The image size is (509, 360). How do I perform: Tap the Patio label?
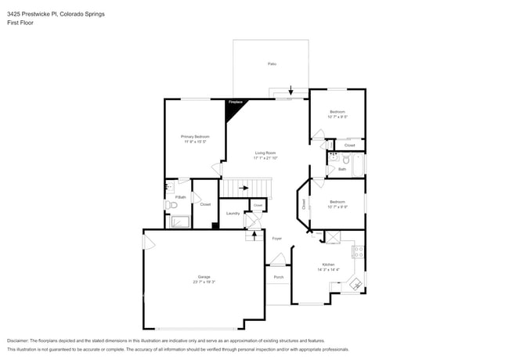272,63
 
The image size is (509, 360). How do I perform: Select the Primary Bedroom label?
196,137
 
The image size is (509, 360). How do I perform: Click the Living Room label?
265,153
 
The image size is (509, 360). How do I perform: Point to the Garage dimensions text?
204,282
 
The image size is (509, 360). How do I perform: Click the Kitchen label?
328,265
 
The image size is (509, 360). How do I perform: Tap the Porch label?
278,277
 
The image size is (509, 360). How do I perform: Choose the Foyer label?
276,238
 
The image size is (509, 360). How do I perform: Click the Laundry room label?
233,213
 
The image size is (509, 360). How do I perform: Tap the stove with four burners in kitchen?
358,253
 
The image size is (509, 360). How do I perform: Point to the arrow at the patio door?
291,90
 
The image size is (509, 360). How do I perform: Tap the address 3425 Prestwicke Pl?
31,14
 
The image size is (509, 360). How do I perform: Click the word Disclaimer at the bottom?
16,341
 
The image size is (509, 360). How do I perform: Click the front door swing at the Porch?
276,260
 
